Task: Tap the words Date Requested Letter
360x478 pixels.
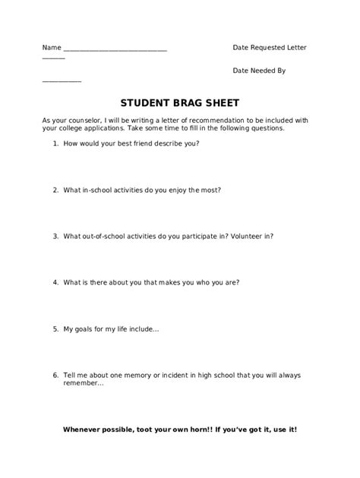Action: [270, 47]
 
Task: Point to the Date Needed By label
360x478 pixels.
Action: [259, 70]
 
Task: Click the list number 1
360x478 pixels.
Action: [55, 143]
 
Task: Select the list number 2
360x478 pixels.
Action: [55, 190]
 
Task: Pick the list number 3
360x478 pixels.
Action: [55, 236]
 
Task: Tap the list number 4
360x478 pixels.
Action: [55, 282]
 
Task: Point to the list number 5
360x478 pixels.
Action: [55, 329]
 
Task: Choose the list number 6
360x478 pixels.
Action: [55, 375]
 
